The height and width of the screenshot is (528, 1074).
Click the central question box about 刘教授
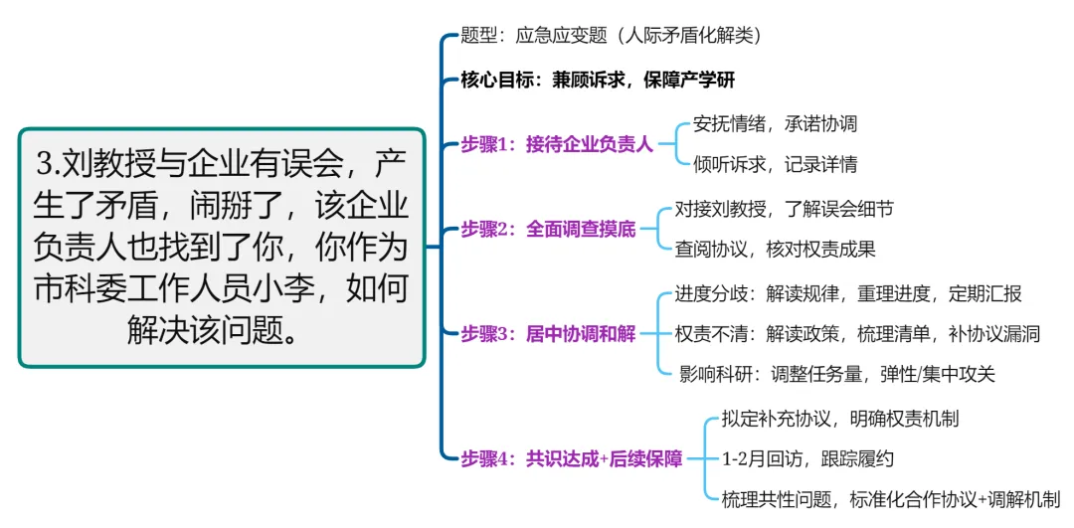click(222, 248)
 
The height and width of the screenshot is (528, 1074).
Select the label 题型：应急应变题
click(611, 36)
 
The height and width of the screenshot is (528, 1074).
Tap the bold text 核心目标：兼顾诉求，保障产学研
click(597, 81)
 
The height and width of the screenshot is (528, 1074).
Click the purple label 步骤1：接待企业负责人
click(556, 144)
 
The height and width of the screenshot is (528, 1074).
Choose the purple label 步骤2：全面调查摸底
click(548, 229)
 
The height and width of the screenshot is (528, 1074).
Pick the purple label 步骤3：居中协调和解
click(548, 334)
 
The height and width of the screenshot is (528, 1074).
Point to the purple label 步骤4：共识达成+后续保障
click(572, 458)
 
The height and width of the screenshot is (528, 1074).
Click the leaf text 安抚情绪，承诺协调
click(775, 124)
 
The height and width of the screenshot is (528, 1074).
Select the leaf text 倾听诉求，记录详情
click(775, 164)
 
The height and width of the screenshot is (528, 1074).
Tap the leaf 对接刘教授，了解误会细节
click(784, 209)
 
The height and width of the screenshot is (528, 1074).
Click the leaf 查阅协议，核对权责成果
click(775, 250)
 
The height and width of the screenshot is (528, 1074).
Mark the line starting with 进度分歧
click(847, 293)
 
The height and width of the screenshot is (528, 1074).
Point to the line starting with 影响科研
click(836, 375)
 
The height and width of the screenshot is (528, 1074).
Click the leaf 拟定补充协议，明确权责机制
click(839, 419)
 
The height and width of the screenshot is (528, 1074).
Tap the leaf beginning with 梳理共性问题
click(890, 499)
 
